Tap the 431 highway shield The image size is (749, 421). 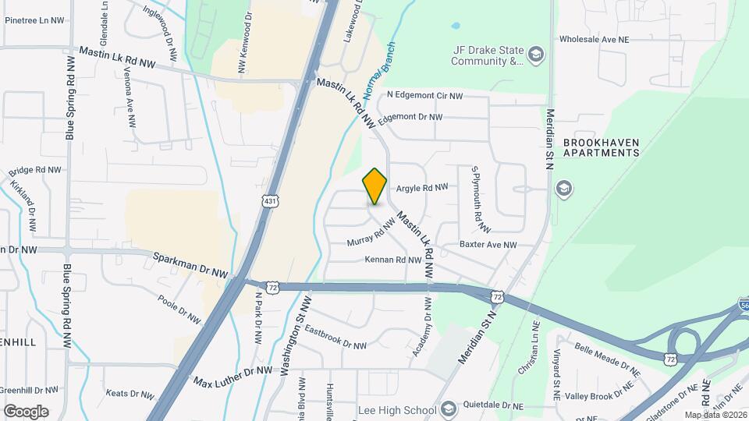(270, 201)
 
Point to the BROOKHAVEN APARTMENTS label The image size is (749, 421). (601, 147)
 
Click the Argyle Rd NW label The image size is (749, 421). (422, 187)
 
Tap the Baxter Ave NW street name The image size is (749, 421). (488, 245)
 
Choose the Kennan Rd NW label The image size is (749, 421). (392, 260)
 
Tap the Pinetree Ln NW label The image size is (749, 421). (32, 21)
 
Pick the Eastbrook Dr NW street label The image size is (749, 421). (335, 337)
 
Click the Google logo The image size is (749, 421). (26, 411)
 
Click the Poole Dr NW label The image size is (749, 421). (179, 308)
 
